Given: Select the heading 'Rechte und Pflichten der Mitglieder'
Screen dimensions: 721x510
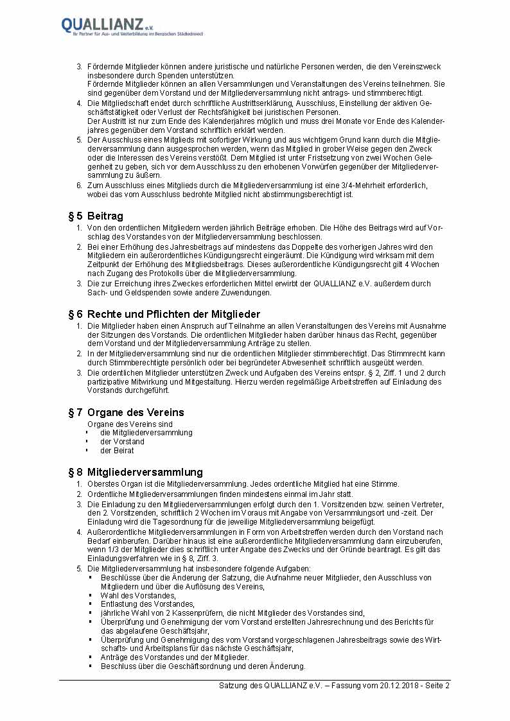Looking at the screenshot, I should (173, 314).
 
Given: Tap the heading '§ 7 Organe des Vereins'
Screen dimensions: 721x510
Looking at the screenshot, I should (126, 412).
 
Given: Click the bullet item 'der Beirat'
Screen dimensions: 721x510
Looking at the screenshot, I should (117, 451).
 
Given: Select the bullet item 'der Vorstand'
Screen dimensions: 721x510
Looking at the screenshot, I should (122, 442).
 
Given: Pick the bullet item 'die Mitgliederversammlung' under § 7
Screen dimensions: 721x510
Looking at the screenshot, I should (146, 433).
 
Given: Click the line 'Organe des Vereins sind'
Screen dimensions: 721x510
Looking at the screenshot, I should (130, 424).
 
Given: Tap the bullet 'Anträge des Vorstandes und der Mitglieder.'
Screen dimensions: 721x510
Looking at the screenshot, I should (175, 657).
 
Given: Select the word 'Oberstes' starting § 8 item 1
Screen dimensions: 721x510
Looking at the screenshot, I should (101, 484).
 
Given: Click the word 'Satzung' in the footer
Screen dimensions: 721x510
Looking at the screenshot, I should (233, 686).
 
